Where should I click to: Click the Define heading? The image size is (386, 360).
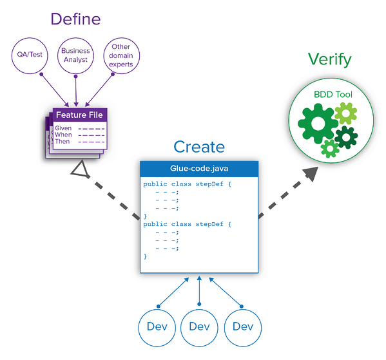[x=75, y=19]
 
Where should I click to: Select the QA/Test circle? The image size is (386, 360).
[x=30, y=55]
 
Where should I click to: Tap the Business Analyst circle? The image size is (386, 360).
[x=75, y=55]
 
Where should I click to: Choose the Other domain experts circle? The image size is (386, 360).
[x=121, y=55]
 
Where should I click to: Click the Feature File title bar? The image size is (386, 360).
[x=79, y=115]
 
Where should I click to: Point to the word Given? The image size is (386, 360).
[x=63, y=128]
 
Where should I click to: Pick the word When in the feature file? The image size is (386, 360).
[x=63, y=135]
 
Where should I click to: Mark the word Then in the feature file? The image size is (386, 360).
[x=63, y=141]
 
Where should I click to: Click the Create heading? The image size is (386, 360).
[x=198, y=147]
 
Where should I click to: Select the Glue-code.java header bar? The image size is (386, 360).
[x=199, y=168]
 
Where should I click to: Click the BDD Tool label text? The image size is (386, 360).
[x=333, y=95]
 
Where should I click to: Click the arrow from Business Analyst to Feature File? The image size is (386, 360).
[x=76, y=90]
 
